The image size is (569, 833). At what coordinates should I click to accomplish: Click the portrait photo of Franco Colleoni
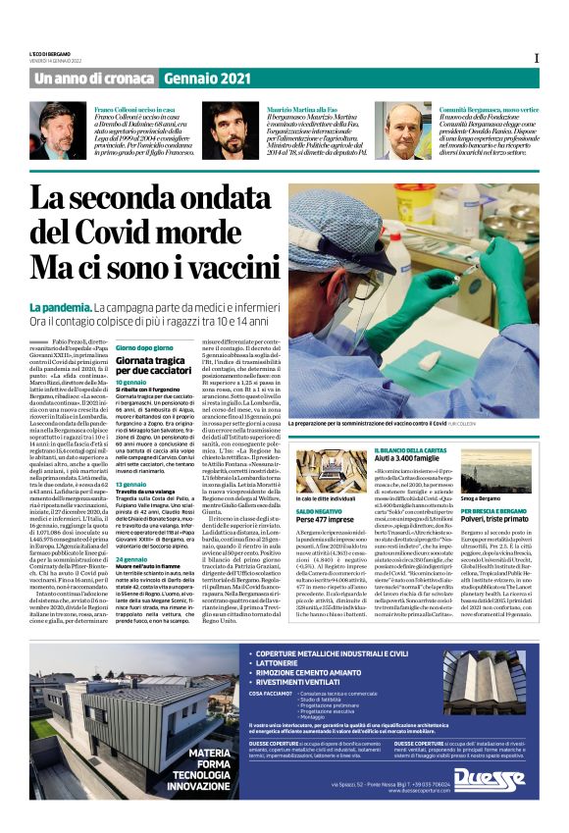pos(61,131)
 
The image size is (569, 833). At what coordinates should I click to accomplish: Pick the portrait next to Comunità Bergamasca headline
pos(401,131)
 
